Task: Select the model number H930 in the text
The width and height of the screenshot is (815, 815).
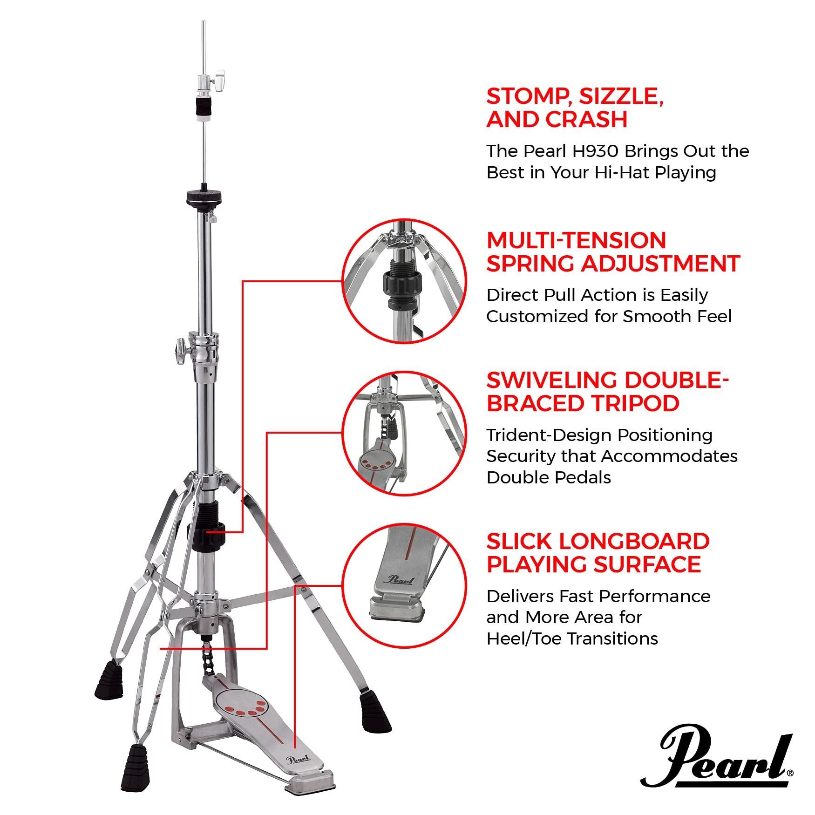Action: [x=596, y=151]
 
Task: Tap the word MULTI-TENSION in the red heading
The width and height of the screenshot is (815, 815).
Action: [x=576, y=241]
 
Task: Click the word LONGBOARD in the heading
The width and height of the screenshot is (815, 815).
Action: [x=634, y=542]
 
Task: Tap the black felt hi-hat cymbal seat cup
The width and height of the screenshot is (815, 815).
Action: [x=204, y=196]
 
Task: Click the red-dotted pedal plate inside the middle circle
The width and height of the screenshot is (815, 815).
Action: [x=376, y=461]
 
